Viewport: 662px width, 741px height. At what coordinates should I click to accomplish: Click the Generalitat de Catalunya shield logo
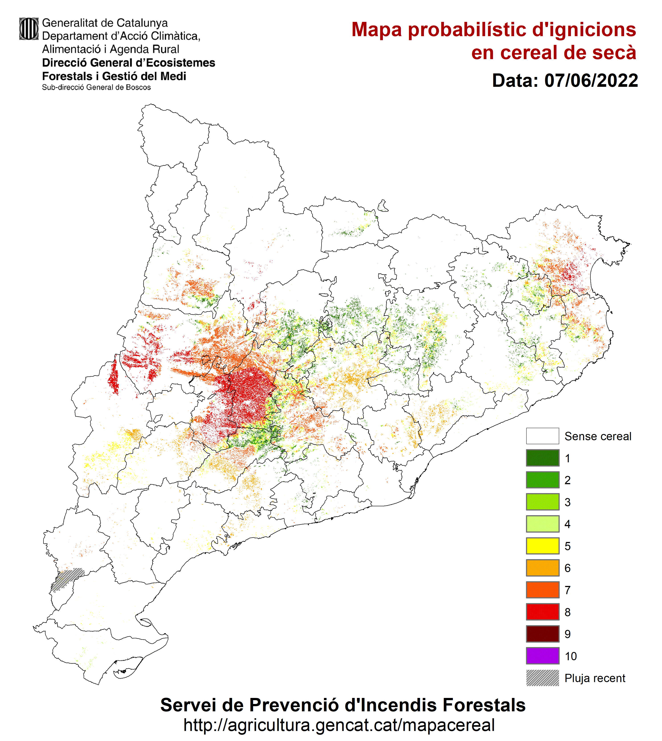point(29,29)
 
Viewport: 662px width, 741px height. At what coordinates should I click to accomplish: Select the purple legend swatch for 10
point(542,656)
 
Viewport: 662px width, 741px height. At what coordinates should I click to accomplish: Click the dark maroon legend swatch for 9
point(542,634)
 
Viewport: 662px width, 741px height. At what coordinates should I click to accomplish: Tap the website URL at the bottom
point(339,725)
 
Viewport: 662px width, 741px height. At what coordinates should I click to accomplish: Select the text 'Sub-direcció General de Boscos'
point(96,87)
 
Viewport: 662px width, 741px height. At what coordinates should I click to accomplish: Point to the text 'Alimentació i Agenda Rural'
point(111,49)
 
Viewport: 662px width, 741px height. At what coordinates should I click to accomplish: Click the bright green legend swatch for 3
point(542,502)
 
